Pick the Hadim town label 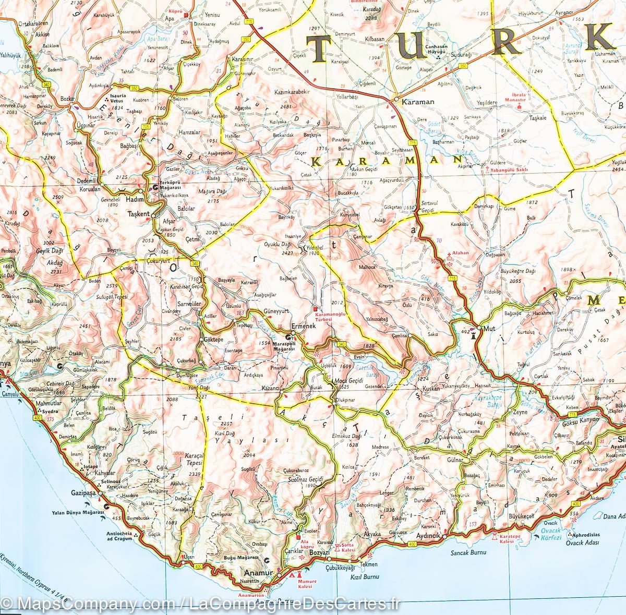(x=135, y=199)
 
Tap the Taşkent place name (x=139, y=214)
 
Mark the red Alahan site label (x=461, y=252)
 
